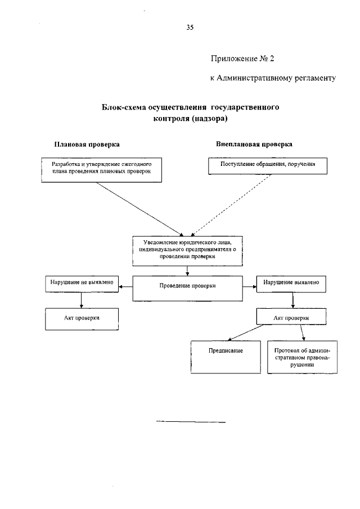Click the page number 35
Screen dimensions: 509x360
190,27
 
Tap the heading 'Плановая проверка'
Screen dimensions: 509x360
87,144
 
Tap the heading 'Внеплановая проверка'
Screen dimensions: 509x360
254,144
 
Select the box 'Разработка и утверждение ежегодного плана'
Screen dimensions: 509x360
102,169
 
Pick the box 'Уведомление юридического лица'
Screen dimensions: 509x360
188,248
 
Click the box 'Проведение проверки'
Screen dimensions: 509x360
188,286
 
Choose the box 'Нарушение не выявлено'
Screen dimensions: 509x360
82,283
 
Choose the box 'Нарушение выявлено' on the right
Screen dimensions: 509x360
291,283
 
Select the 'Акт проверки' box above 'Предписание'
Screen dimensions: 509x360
291,318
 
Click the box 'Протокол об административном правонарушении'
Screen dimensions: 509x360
302,357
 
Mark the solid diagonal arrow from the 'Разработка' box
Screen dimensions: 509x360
143,209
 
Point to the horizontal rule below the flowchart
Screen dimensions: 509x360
191,421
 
